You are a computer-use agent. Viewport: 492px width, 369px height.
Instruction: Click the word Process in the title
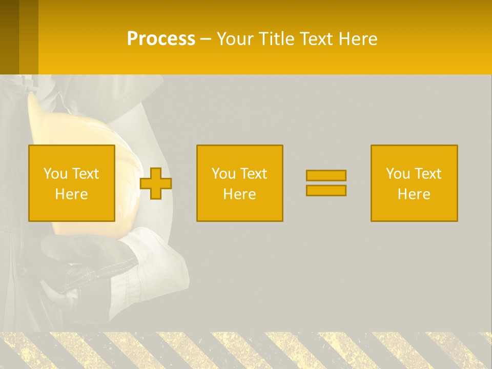pyautogui.click(x=161, y=39)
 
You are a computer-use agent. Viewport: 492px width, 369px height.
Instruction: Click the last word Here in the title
pyautogui.click(x=357, y=39)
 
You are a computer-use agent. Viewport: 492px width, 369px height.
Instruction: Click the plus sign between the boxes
pyautogui.click(x=156, y=183)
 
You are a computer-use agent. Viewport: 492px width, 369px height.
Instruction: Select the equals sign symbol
pyautogui.click(x=326, y=183)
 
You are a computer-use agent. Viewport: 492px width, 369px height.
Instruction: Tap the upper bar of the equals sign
pyautogui.click(x=326, y=175)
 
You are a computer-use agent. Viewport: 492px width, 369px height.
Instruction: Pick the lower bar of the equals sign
pyautogui.click(x=326, y=190)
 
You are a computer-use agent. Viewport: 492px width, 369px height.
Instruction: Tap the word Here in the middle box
pyautogui.click(x=239, y=194)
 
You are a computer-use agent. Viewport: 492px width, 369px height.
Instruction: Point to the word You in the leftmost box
pyautogui.click(x=55, y=174)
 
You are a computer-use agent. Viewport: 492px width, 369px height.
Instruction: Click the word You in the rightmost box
pyautogui.click(x=397, y=174)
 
